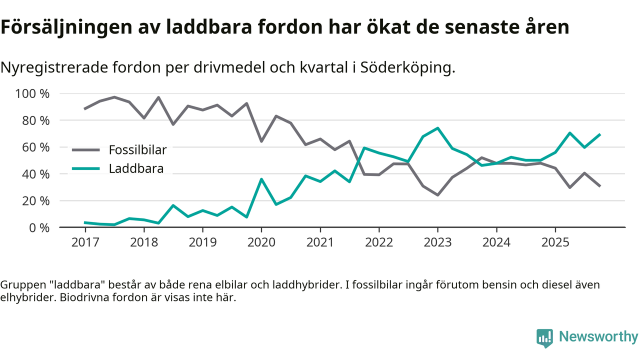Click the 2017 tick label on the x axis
[85, 242]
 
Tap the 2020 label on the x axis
[261, 242]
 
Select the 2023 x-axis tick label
[437, 242]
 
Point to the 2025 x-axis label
[555, 242]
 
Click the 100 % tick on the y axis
[32, 94]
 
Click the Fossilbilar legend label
[137, 149]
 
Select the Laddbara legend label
[136, 168]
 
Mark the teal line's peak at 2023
[437, 128]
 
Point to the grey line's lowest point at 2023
[437, 195]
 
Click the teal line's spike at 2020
[261, 179]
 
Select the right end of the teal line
[599, 134]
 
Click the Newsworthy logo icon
[544, 338]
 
